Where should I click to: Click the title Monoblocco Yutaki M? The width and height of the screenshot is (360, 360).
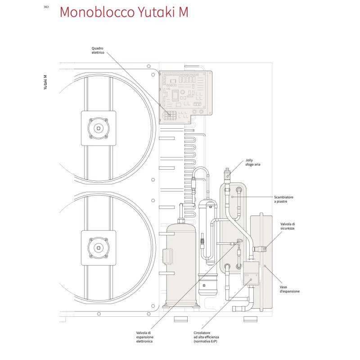[x=123, y=12]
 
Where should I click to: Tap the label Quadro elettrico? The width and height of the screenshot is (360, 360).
[x=98, y=50]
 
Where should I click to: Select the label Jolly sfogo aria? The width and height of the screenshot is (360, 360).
[x=253, y=162]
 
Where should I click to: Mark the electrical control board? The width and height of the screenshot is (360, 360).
[x=184, y=92]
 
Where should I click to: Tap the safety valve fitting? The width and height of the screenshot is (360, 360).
[x=261, y=248]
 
